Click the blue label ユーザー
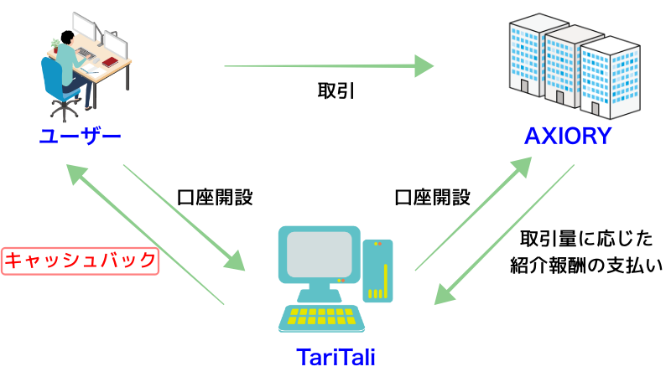tap(80, 137)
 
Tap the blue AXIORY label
tap(568, 136)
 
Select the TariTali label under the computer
tap(336, 357)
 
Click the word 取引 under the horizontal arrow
tap(336, 90)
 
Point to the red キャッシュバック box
tap(80, 261)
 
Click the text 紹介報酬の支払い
tap(586, 266)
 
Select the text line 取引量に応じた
tap(586, 239)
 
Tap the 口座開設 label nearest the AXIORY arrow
tap(432, 198)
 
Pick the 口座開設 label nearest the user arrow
tap(215, 198)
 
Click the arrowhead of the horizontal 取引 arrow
tap(424, 66)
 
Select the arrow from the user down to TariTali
tap(184, 218)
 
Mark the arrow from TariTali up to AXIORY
tap(473, 214)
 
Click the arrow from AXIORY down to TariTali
tap(504, 235)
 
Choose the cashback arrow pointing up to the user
tap(144, 235)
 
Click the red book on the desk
tap(110, 62)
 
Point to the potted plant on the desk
tap(55, 45)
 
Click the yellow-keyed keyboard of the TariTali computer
tap(321, 318)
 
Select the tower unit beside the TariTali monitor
tap(377, 271)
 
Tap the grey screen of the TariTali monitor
tap(320, 255)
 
